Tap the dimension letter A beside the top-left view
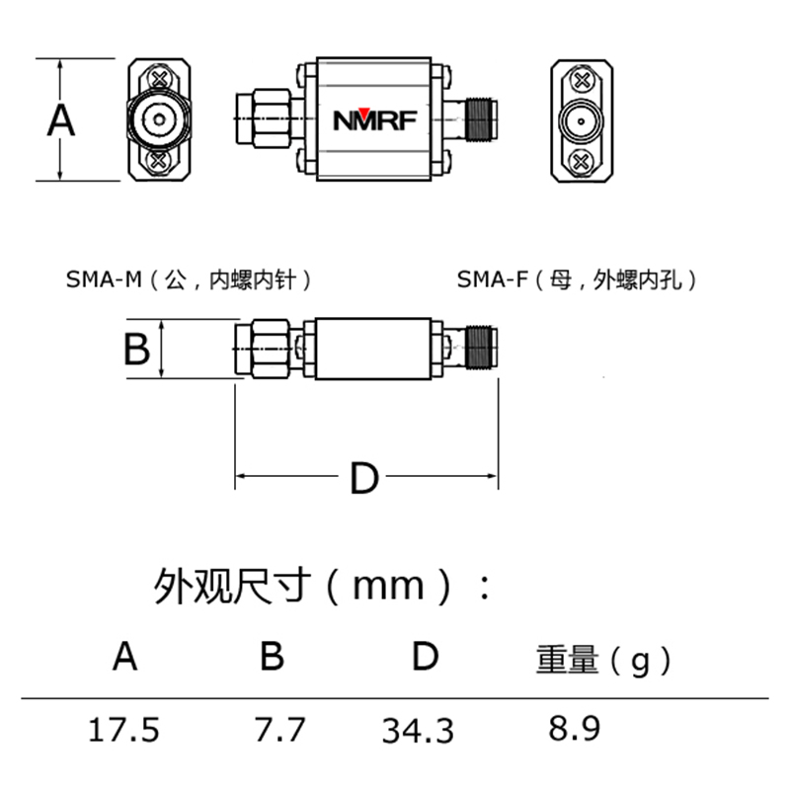pos(61,121)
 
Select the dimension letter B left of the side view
pos(136,349)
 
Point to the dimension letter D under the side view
pos(364,480)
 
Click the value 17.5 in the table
pos(123,731)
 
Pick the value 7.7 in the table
pos(279,731)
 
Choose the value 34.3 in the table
pos(418,732)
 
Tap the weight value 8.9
pos(574,730)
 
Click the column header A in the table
pos(124,656)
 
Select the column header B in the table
pos(272,656)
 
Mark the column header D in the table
pos(425,656)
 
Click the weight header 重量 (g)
pos(603,660)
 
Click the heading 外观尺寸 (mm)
pos(322,587)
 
